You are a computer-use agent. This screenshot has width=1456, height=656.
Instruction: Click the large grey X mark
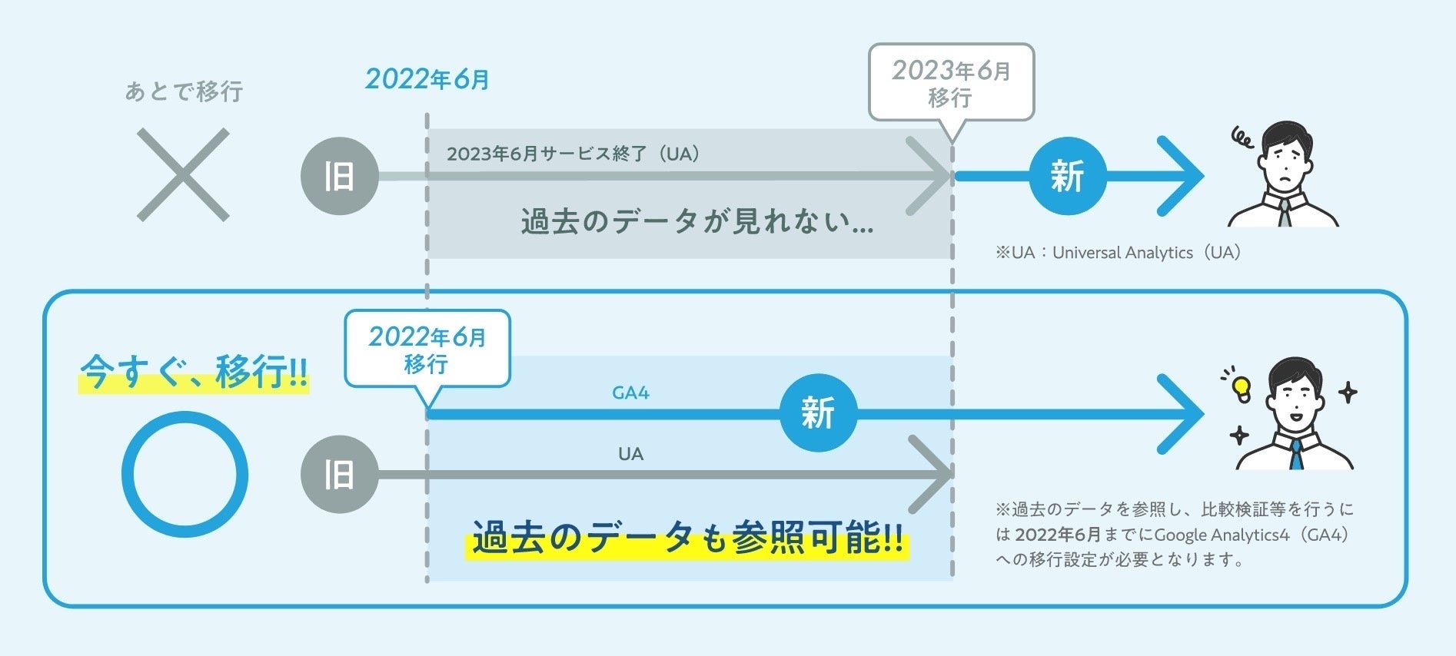pos(183,175)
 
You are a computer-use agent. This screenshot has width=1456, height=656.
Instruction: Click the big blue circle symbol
pos(184,474)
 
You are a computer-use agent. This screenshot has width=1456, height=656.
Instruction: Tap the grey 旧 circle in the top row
pos(339,176)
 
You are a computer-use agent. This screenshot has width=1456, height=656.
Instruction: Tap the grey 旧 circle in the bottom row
pos(339,474)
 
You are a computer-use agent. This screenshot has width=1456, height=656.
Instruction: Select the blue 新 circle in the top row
pos(1067,176)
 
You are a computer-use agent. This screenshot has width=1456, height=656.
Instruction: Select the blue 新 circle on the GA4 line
pos(818,412)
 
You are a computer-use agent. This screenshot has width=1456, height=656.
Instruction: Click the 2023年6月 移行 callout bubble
pos(951,83)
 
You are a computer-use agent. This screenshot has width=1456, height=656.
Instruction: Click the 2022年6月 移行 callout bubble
pos(427,349)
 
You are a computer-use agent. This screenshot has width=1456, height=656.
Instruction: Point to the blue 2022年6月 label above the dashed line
pos(427,79)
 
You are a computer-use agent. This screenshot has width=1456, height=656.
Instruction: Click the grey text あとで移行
pos(184,91)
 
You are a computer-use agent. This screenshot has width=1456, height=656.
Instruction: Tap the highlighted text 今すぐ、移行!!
pos(194,373)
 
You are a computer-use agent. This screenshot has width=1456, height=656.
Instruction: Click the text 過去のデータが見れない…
pos(696,222)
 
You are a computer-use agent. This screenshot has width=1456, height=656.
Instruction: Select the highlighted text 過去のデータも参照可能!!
pos(687,537)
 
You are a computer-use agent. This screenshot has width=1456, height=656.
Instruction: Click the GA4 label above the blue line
pos(630,393)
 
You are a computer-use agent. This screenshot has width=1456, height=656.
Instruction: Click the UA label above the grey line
pos(630,454)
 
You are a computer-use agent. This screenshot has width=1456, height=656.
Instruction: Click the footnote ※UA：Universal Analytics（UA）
pos(1119,253)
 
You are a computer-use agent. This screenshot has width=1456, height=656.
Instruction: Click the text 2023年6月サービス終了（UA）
pos(573,154)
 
